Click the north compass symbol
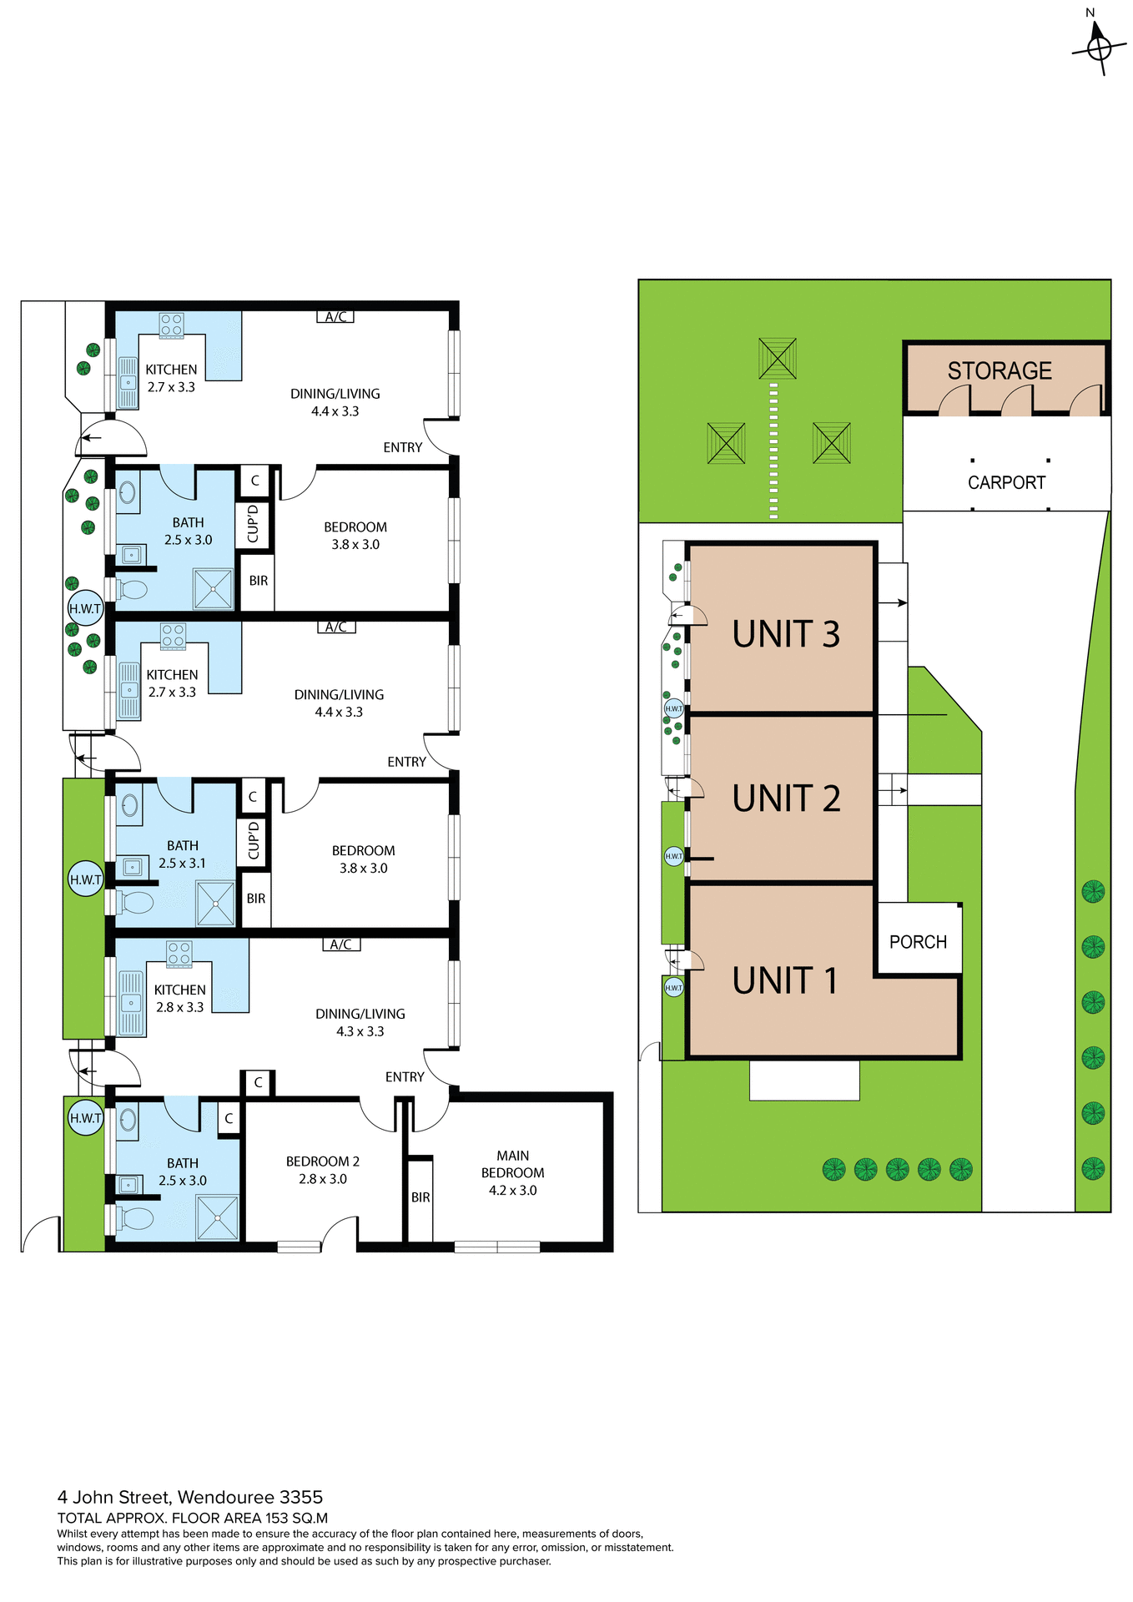tap(1099, 48)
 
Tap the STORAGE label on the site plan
tap(999, 371)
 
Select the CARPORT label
tap(1006, 483)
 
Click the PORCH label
tap(918, 942)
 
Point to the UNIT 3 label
tap(786, 634)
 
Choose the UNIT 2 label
tap(786, 798)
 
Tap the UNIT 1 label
tap(784, 980)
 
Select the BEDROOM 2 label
tap(323, 1161)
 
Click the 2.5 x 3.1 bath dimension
tap(182, 864)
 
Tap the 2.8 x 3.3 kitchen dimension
tap(179, 1007)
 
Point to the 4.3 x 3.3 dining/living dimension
tap(360, 1031)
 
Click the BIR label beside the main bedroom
tap(420, 1197)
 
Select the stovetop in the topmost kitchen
tap(172, 325)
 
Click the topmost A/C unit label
tap(335, 317)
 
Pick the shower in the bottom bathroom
tap(217, 1217)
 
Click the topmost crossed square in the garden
tap(778, 358)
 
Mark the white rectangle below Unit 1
tap(804, 1080)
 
